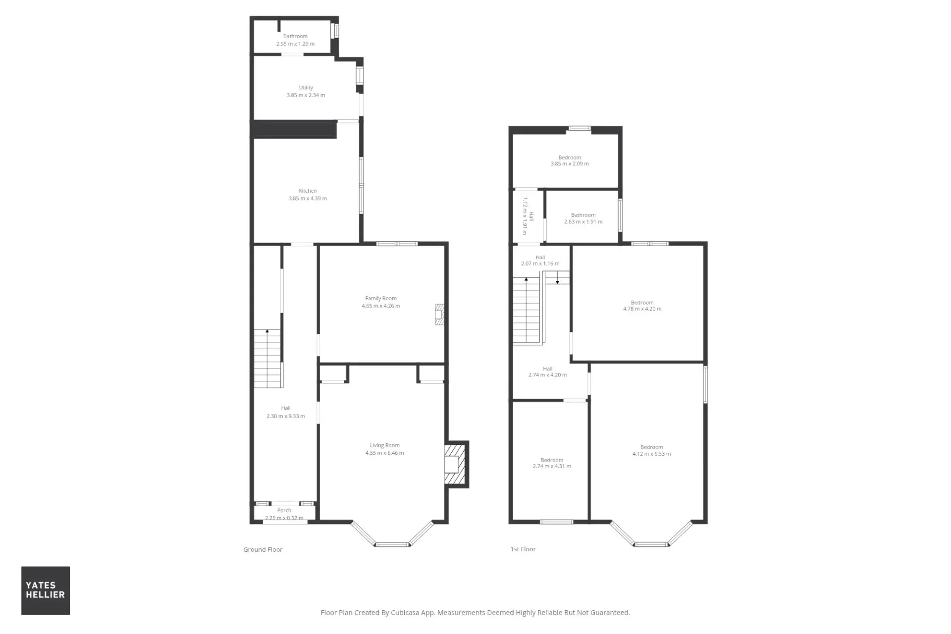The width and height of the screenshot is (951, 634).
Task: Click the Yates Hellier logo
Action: [x=46, y=590]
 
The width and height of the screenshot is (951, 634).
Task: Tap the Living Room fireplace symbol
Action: [x=455, y=465]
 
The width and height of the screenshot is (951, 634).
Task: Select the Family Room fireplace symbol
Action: [x=439, y=314]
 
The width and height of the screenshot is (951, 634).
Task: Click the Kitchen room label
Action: [x=308, y=191]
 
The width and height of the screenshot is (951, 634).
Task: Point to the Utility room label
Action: [x=306, y=88]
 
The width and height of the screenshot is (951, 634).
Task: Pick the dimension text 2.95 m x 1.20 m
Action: [x=295, y=44]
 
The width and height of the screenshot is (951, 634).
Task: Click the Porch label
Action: [x=284, y=510]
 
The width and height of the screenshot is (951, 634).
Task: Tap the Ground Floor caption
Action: [x=263, y=549]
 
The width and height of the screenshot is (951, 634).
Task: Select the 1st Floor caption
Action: [x=523, y=549]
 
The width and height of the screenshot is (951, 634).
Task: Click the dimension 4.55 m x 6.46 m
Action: [x=385, y=453]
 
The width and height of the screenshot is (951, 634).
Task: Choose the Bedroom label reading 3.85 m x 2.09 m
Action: [x=570, y=160]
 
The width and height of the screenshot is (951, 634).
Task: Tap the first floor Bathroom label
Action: [x=583, y=218]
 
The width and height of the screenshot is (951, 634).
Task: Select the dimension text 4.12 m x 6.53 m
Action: [x=652, y=454]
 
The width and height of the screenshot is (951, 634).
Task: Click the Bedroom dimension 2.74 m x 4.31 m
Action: [x=552, y=466]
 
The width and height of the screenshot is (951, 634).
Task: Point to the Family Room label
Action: [x=381, y=298]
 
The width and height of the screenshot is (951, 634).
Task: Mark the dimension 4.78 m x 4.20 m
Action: [x=642, y=309]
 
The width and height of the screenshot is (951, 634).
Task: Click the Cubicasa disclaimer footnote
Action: [x=475, y=613]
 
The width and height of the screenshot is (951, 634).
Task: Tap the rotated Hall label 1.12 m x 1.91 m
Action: [x=528, y=216]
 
